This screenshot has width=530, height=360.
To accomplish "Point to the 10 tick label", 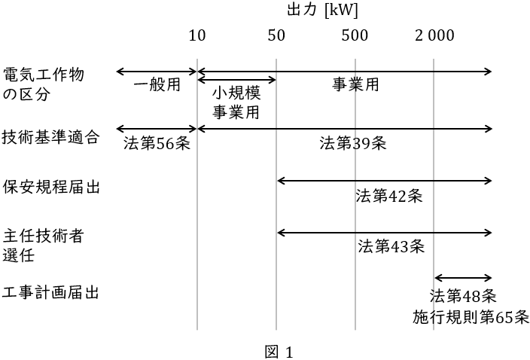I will (x=197, y=35).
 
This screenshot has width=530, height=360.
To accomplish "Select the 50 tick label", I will (x=276, y=35).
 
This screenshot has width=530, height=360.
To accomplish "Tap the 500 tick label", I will (x=355, y=35).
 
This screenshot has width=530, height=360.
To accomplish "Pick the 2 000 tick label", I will (x=434, y=35).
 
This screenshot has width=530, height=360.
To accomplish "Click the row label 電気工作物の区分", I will (x=43, y=85).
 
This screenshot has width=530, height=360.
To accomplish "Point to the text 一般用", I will (x=157, y=84).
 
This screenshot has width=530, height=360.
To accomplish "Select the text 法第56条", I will (x=157, y=143).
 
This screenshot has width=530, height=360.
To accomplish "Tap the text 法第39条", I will (x=352, y=143).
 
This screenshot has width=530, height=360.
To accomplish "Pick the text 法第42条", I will (x=389, y=197).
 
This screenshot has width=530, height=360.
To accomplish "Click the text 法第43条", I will (x=391, y=246).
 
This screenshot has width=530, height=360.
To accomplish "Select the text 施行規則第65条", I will (x=471, y=317).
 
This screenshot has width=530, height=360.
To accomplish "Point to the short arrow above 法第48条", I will (x=462, y=279).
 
